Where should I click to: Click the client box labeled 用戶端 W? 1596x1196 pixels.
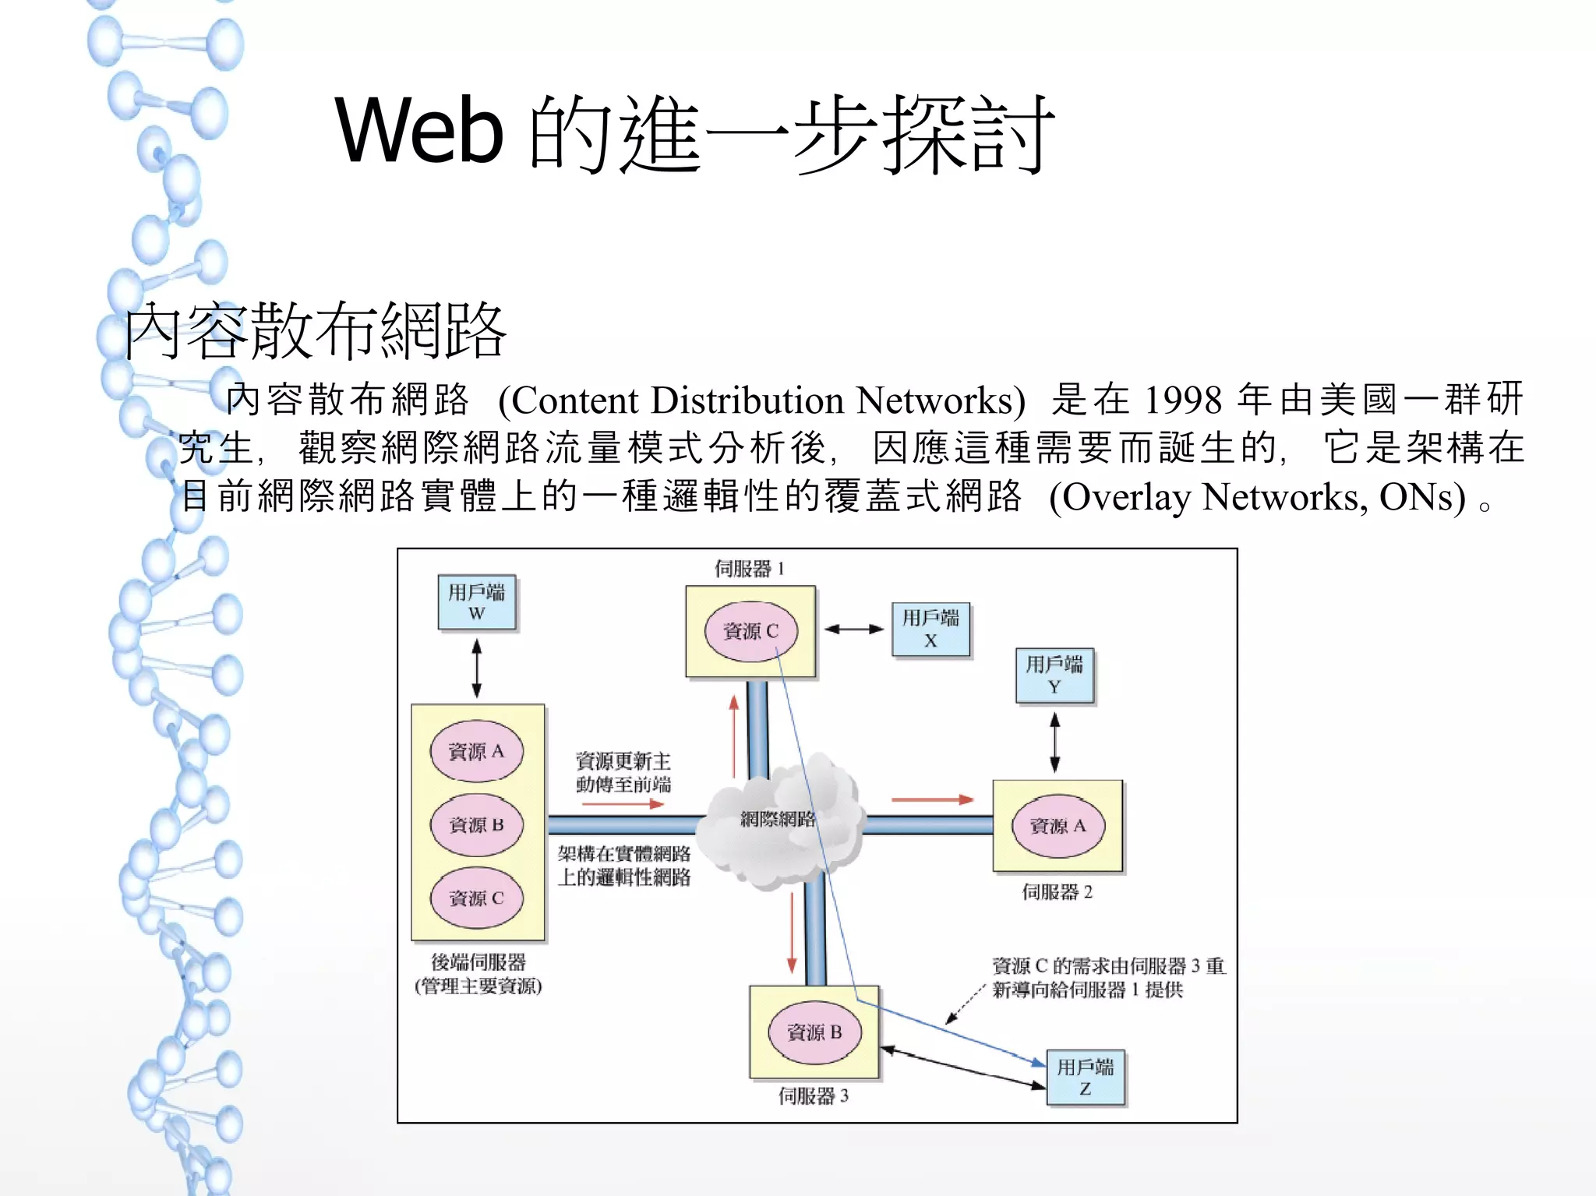click(477, 602)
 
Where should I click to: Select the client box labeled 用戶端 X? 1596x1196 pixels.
click(930, 629)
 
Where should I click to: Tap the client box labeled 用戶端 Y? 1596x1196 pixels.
click(1054, 676)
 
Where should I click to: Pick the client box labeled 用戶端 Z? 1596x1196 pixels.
click(1086, 1078)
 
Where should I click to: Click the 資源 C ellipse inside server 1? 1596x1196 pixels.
click(750, 631)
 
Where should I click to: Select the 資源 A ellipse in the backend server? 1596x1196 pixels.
click(476, 751)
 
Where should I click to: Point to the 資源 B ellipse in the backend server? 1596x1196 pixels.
click(476, 824)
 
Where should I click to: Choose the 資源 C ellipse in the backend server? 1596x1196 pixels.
click(476, 898)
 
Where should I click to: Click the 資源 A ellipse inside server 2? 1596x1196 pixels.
click(1058, 826)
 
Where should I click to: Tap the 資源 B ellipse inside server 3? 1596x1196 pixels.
click(814, 1032)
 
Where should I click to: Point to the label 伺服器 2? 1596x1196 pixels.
click(1058, 892)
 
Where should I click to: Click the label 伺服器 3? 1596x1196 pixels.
click(814, 1096)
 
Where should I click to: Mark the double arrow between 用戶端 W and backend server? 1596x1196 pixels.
click(477, 668)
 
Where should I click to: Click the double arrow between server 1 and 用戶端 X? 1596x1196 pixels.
click(854, 629)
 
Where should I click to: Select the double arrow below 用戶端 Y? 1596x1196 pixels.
click(1054, 743)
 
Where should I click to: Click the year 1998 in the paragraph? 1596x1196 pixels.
click(1183, 400)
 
